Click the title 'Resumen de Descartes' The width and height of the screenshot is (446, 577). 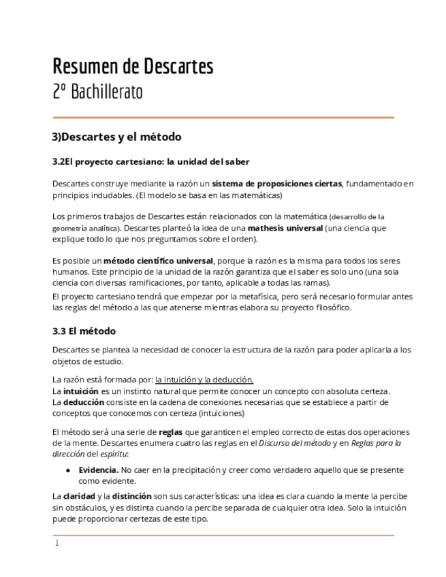133,67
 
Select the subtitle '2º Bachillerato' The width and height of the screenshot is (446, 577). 97,92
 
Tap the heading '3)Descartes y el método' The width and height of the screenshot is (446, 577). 116,137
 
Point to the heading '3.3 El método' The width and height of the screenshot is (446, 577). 84,331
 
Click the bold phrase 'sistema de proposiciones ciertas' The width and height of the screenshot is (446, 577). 276,184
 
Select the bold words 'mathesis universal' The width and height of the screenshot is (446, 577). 285,228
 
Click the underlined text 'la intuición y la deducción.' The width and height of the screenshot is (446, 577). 204,380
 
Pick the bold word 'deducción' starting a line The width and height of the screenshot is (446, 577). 84,402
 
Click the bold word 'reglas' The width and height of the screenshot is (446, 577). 170,432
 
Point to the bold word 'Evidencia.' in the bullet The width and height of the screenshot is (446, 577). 98,469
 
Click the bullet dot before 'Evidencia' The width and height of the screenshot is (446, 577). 68,470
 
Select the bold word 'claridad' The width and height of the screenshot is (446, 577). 79,496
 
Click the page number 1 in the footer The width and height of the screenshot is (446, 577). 57,544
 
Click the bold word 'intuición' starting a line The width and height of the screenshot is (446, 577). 81,391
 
